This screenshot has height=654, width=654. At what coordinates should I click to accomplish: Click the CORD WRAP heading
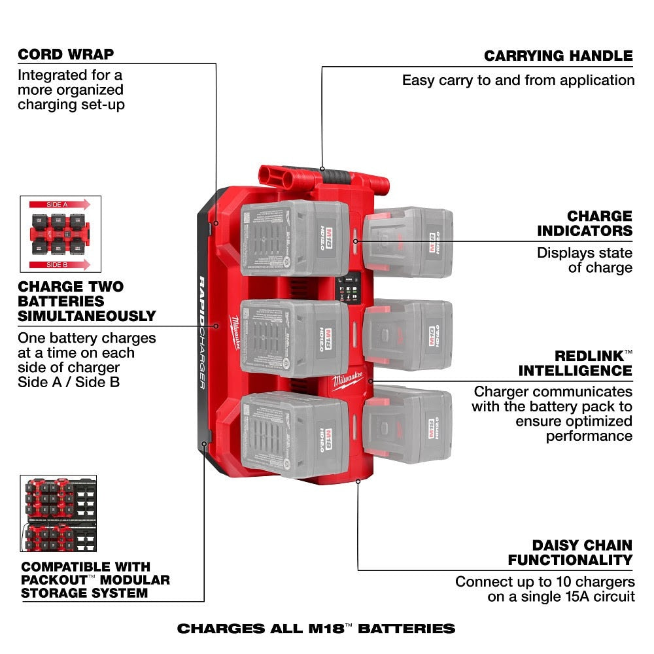65,54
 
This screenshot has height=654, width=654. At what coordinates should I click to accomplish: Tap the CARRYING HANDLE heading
558,56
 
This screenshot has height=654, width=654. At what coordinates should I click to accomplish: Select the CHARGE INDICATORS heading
585,223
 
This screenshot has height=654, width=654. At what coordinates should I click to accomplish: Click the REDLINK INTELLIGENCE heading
576,364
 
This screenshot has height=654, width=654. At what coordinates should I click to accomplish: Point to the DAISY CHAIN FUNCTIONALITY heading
570,553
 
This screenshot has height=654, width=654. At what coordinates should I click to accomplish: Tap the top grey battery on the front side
294,239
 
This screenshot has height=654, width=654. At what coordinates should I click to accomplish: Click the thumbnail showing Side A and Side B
61,234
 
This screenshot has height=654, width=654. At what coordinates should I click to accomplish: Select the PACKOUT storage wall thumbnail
58,514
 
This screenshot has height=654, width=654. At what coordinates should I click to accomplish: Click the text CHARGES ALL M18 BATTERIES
316,628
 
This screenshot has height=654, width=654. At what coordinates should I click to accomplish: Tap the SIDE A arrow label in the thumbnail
58,205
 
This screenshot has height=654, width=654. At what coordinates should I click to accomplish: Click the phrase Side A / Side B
69,382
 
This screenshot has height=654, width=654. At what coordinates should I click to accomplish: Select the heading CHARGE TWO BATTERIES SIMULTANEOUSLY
86,301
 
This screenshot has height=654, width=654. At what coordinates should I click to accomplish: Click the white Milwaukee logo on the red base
351,381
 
